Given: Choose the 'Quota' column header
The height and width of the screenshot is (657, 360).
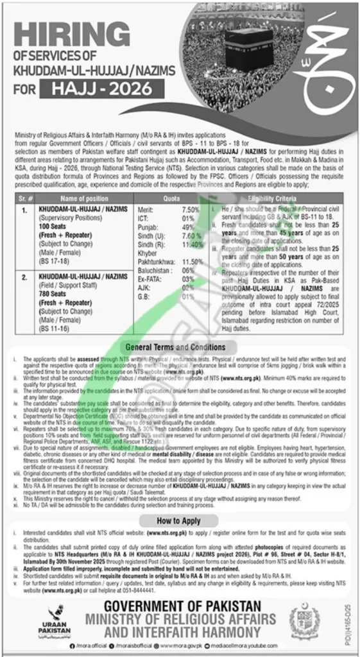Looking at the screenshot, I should [x=172, y=199].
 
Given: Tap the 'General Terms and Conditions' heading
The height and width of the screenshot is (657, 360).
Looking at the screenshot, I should [x=180, y=346].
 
